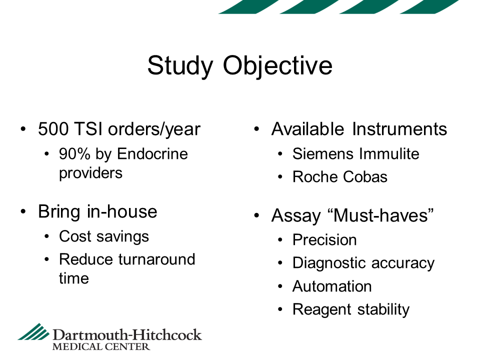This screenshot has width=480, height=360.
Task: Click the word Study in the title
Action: (180, 66)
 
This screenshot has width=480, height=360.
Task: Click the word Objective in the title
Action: (277, 66)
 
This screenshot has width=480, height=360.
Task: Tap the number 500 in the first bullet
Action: (53, 129)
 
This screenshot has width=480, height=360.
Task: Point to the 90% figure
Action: (74, 153)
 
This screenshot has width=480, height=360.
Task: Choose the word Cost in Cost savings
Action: (75, 236)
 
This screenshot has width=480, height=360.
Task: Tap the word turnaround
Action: (156, 259)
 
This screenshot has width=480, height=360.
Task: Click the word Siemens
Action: (323, 153)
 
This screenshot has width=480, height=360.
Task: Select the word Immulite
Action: (389, 153)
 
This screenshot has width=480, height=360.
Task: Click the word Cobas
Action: (365, 177)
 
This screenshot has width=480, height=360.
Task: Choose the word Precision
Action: (324, 239)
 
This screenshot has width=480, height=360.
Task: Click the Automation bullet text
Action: (332, 286)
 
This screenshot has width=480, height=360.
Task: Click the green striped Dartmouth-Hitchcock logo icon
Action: (33, 331)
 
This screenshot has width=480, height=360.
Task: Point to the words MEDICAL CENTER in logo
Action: (101, 347)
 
